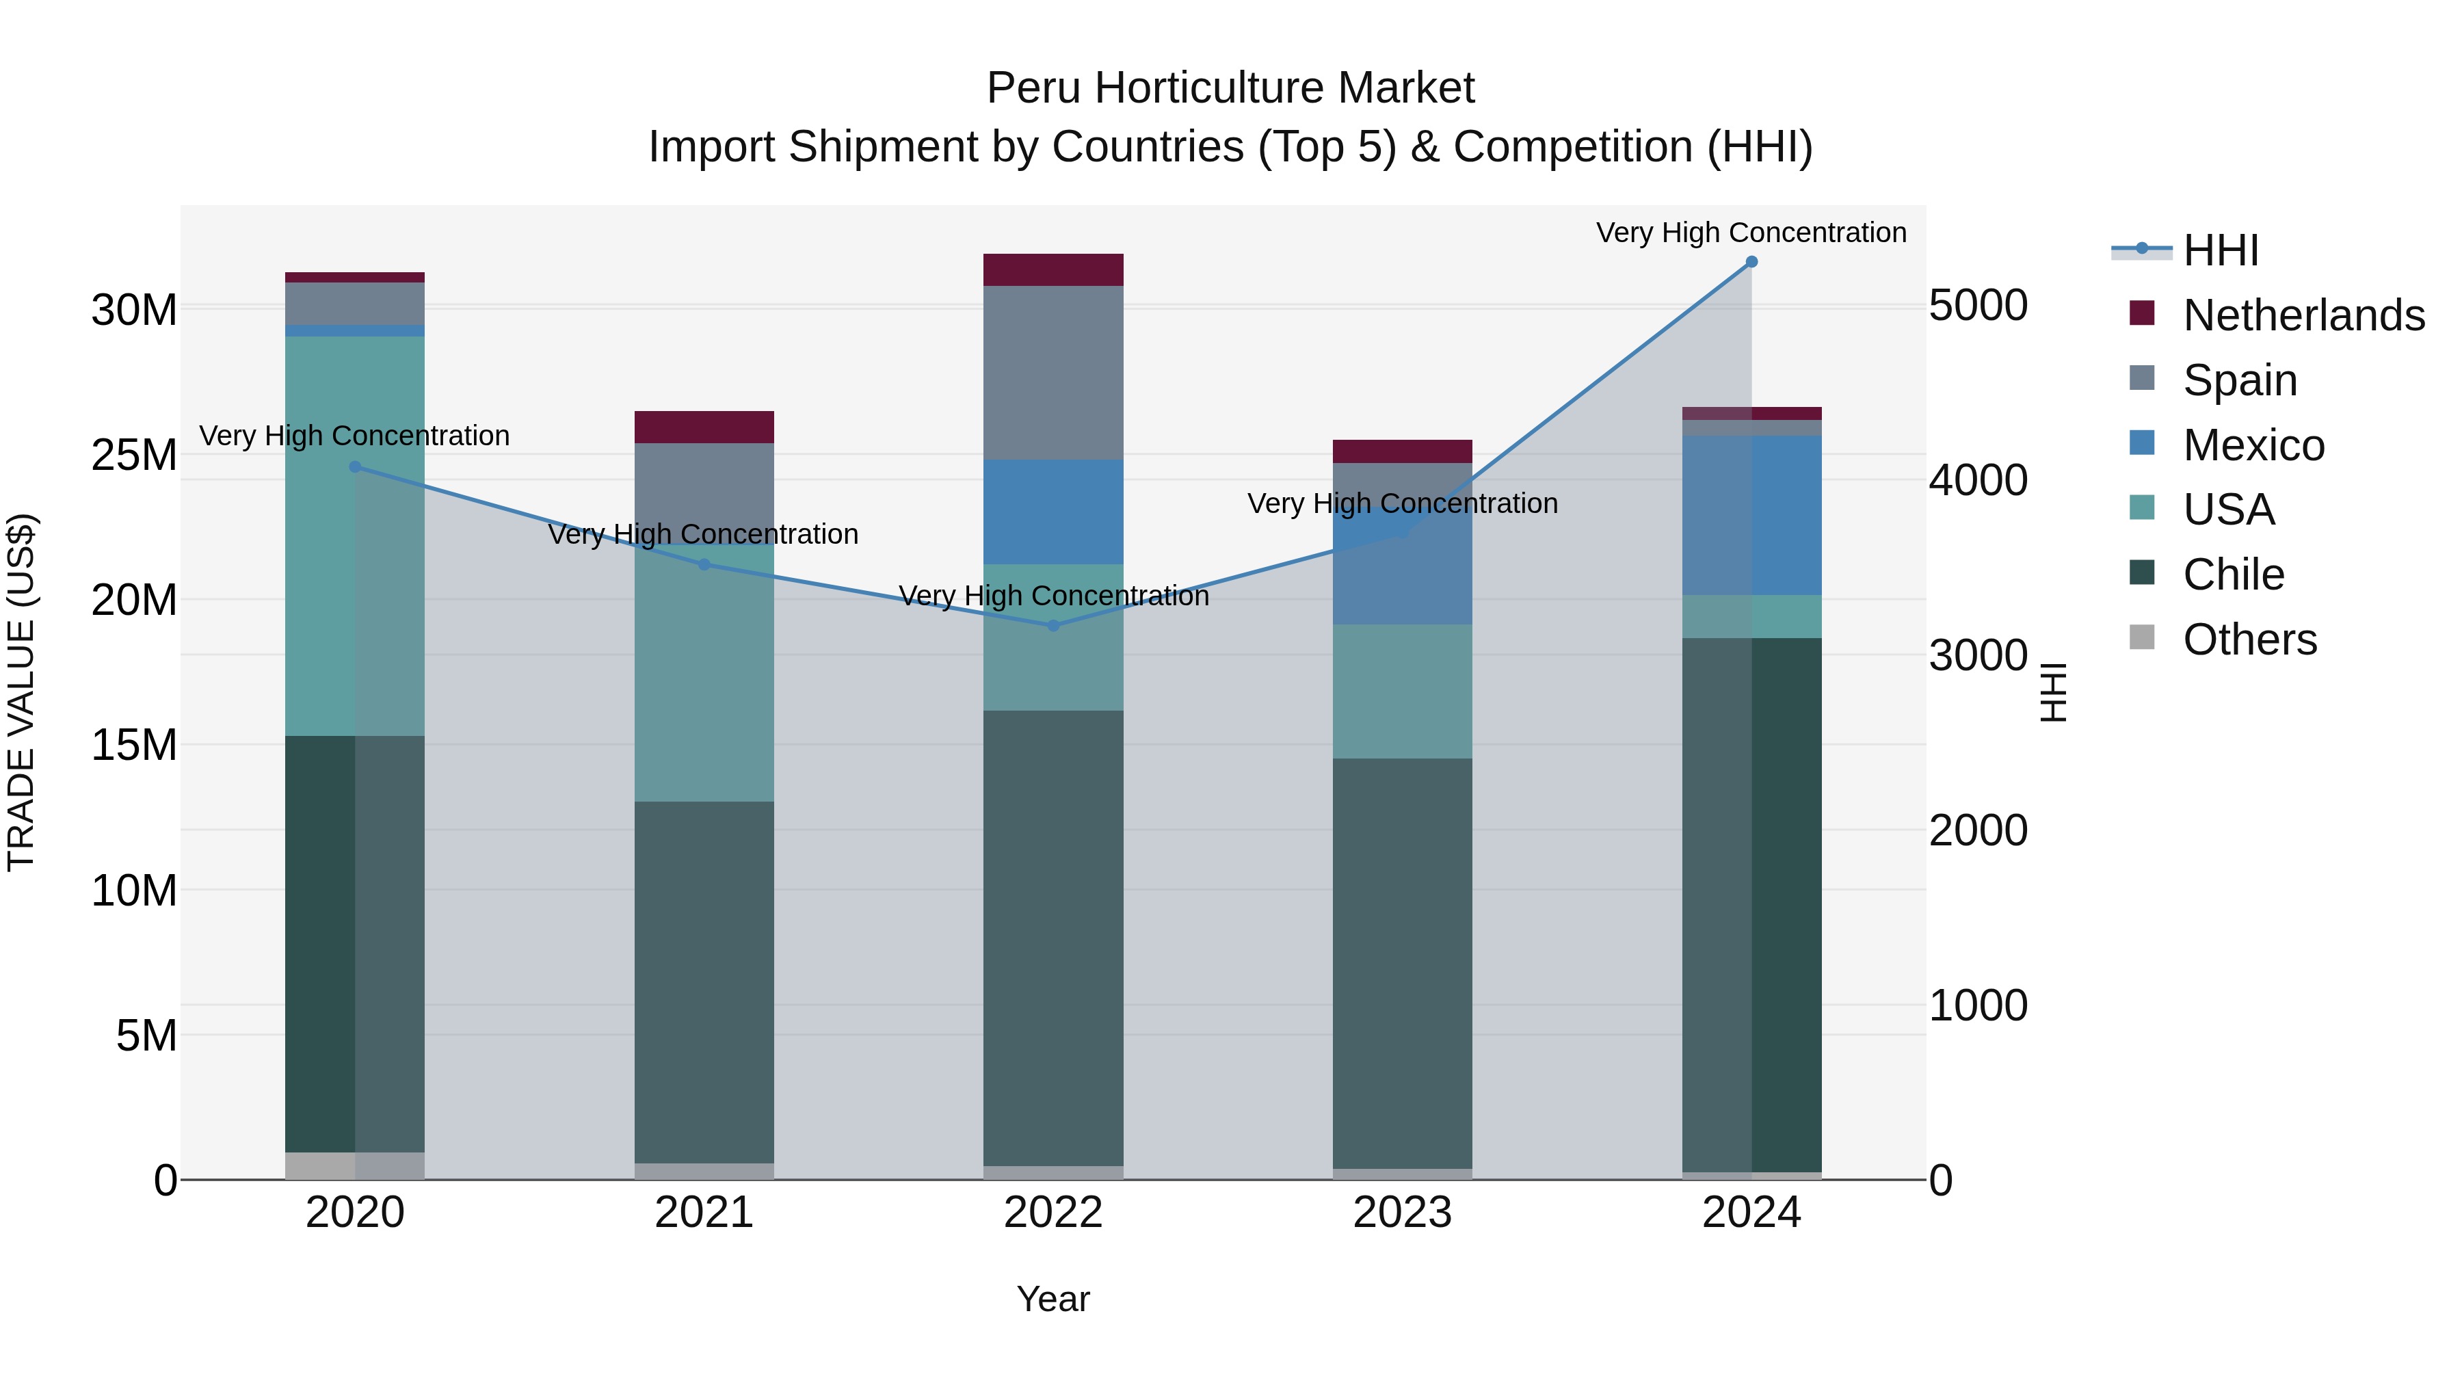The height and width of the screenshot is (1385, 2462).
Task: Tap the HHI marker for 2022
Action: click(x=1053, y=625)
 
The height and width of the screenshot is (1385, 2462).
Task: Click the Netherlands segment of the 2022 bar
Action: click(x=1053, y=269)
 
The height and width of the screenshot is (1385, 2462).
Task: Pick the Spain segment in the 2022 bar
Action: click(x=1053, y=373)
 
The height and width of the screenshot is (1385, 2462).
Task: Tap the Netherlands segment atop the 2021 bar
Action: click(x=704, y=426)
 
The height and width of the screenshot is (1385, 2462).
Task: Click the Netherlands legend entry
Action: click(x=2303, y=315)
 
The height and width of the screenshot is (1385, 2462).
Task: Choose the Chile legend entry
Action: click(x=2233, y=575)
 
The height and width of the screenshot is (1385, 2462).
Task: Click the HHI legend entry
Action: click(x=2220, y=250)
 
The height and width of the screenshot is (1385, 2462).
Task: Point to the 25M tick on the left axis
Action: click(x=134, y=455)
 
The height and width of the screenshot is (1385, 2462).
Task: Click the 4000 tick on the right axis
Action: click(x=1977, y=480)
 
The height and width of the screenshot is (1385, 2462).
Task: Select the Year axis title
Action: click(x=1053, y=1299)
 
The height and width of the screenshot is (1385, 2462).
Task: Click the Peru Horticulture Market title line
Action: click(x=1230, y=88)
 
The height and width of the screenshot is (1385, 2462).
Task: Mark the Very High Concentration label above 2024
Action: click(x=1751, y=233)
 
